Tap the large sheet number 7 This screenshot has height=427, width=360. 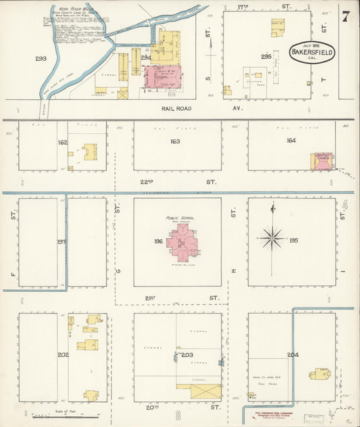coord(345,16)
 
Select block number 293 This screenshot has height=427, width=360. coord(41,59)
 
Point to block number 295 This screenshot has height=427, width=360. coord(266,57)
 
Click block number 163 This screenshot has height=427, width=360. coord(176,141)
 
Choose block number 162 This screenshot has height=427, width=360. coord(63,143)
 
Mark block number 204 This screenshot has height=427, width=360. coord(292,354)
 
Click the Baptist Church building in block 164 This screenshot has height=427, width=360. coord(321,161)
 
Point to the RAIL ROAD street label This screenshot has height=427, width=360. coord(176,108)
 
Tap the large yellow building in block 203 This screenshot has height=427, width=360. coord(198,391)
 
